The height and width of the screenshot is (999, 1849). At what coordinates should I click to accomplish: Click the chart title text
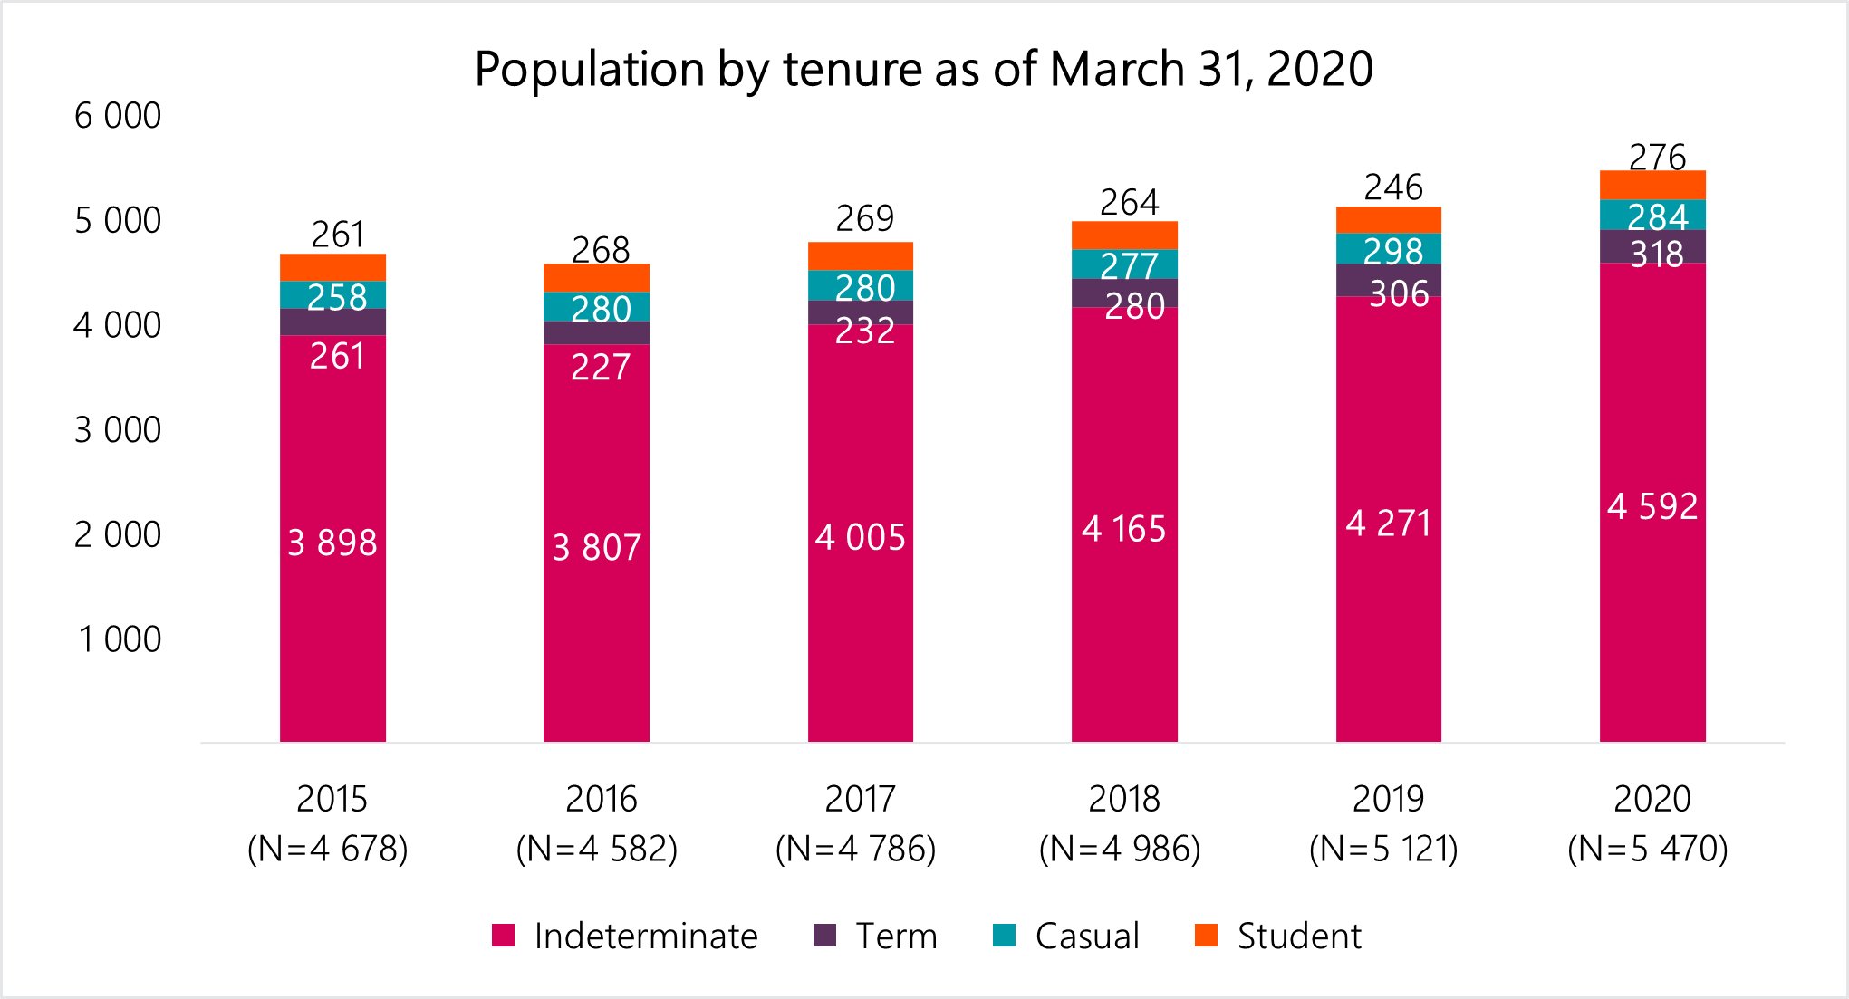[923, 69]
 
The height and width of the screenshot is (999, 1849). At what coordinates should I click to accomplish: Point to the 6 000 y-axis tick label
[118, 116]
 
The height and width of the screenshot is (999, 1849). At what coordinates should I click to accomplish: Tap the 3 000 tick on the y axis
[118, 430]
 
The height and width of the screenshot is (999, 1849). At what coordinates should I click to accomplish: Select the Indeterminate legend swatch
[503, 936]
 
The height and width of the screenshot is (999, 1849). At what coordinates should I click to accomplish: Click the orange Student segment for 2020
[1652, 185]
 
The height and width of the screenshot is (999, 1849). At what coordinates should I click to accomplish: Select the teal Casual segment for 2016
[596, 307]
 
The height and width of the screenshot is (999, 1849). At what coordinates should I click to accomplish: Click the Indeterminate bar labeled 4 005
[860, 537]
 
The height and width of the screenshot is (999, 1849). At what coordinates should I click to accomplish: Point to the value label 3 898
[332, 543]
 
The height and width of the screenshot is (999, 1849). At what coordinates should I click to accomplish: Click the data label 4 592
[1652, 506]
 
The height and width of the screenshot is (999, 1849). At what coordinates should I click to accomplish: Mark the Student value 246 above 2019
[1393, 187]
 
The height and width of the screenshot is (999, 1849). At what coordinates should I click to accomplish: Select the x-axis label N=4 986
[1120, 849]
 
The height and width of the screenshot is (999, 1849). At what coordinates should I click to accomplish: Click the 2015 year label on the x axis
[332, 799]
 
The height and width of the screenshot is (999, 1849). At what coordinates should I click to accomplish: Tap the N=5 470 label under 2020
[1648, 849]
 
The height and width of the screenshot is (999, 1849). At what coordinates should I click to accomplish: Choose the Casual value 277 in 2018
[1129, 265]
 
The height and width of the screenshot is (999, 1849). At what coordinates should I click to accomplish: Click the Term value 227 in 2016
[600, 367]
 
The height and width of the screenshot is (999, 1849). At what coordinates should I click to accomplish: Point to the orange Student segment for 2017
[860, 256]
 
